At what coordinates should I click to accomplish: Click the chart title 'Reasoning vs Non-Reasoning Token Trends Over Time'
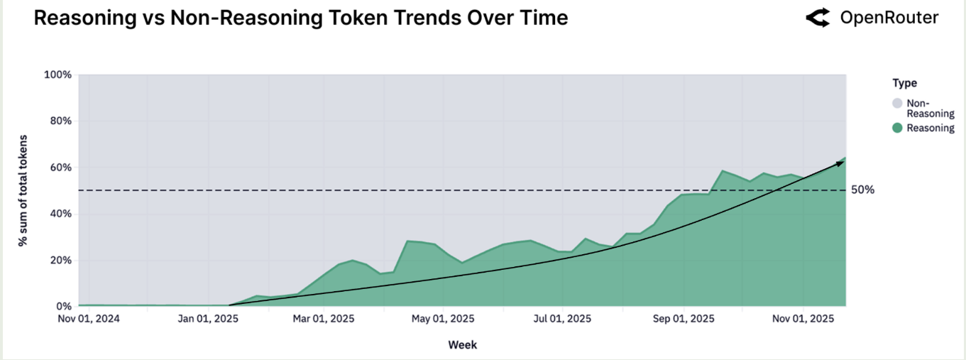pyautogui.click(x=301, y=18)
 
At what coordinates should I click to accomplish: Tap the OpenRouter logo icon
pyautogui.click(x=818, y=18)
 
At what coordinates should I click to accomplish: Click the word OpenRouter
pyautogui.click(x=889, y=18)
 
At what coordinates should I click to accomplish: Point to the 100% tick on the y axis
pyautogui.click(x=57, y=75)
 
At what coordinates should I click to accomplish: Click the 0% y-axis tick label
pyautogui.click(x=62, y=306)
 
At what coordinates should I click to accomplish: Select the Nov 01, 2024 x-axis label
pyautogui.click(x=89, y=319)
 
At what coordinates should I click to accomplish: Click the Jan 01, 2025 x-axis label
pyautogui.click(x=208, y=319)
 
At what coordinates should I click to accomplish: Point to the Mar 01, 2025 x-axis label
pyautogui.click(x=324, y=319)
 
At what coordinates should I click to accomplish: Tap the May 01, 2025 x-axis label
pyautogui.click(x=444, y=319)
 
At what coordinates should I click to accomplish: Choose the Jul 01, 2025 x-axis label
pyautogui.click(x=561, y=319)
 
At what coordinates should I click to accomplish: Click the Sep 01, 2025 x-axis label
pyautogui.click(x=684, y=319)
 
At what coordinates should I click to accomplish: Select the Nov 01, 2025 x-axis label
pyautogui.click(x=803, y=319)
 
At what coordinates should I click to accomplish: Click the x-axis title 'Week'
pyautogui.click(x=462, y=345)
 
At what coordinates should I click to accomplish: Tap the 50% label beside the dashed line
pyautogui.click(x=863, y=190)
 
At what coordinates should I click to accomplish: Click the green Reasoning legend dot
pyautogui.click(x=898, y=129)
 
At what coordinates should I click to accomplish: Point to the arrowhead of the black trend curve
pyautogui.click(x=841, y=163)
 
